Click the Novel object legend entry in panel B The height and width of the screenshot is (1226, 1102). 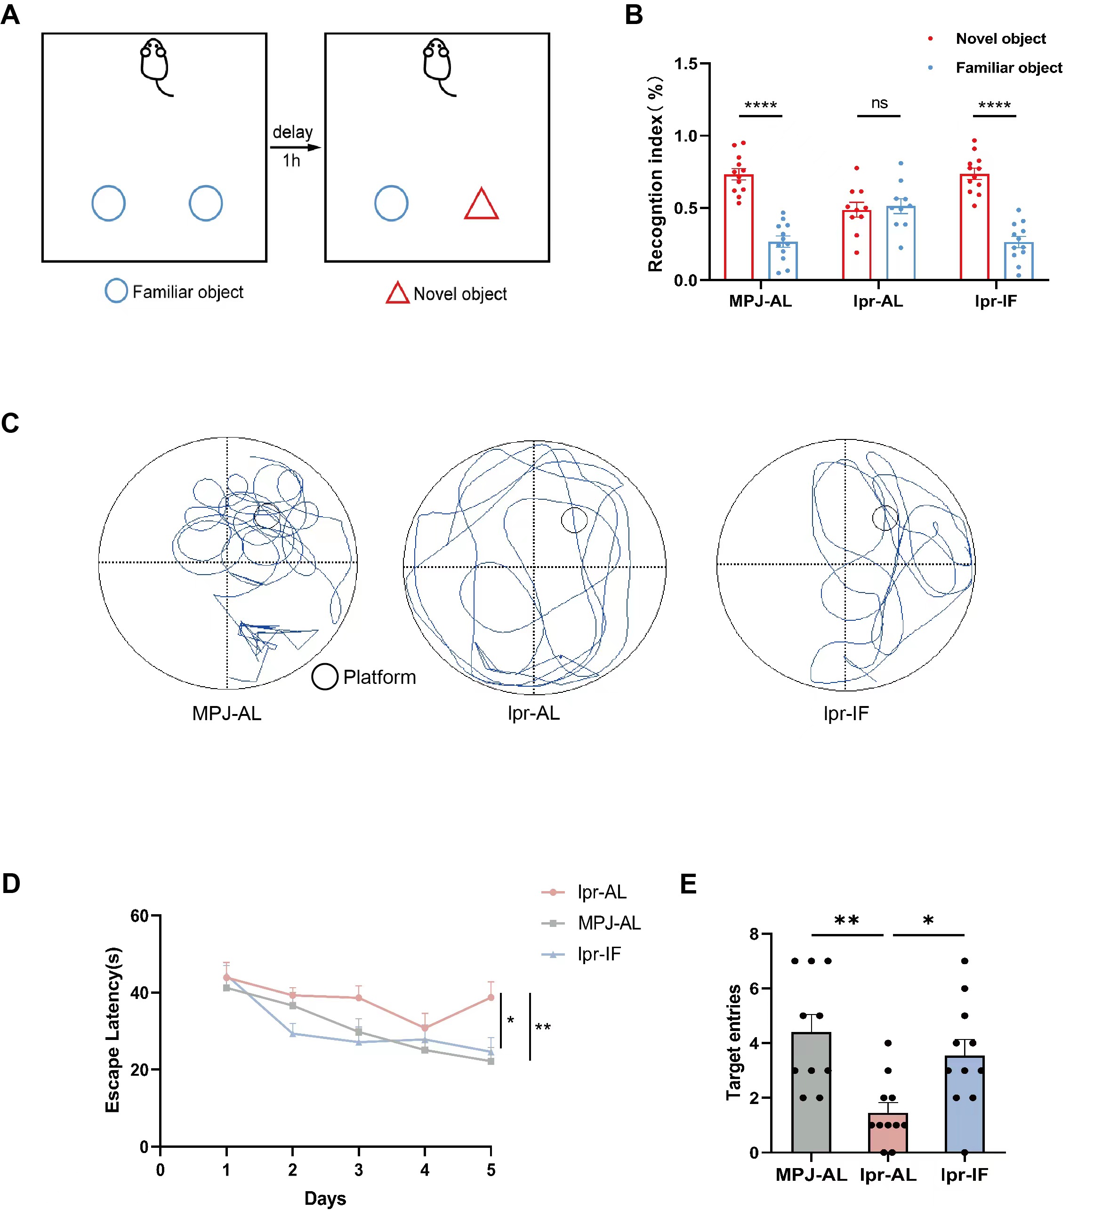tap(1000, 39)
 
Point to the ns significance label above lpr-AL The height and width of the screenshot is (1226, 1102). tap(879, 104)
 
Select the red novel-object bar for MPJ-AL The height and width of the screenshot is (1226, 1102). tap(739, 227)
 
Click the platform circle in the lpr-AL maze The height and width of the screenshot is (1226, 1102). tap(574, 520)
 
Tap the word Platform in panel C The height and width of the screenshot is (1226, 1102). tap(379, 677)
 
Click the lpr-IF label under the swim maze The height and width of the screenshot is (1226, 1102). tap(846, 714)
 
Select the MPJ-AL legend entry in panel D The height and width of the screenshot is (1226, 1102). tap(609, 923)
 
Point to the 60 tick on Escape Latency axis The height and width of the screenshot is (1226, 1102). tap(140, 916)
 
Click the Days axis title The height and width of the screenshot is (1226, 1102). tap(325, 1199)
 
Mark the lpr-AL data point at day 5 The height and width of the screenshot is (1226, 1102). tap(491, 997)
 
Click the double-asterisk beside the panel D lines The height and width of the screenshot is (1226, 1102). tap(542, 1027)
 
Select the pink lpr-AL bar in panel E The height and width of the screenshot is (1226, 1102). tap(888, 1133)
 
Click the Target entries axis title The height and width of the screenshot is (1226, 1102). tap(733, 1042)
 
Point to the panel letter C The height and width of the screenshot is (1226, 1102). tap(10, 423)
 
